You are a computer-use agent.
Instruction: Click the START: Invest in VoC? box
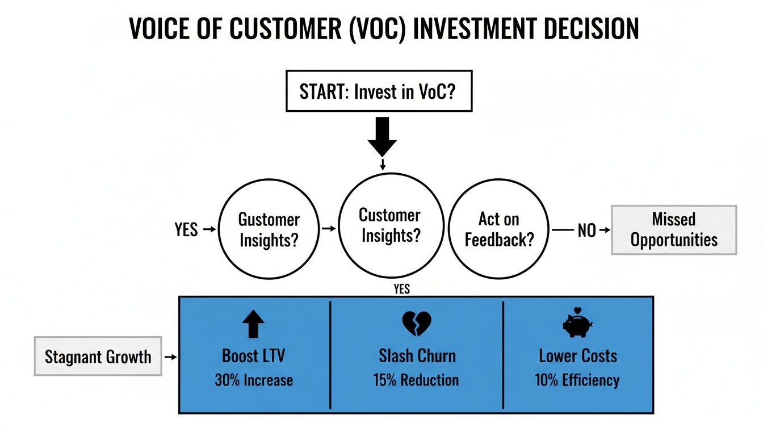click(378, 91)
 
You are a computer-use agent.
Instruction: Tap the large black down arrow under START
click(382, 136)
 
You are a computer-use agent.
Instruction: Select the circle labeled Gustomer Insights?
click(269, 229)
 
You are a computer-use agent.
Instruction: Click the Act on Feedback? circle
click(499, 229)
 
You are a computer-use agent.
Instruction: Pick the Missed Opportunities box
click(673, 229)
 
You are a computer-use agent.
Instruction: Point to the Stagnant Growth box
click(98, 357)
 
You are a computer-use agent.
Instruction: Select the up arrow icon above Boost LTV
click(253, 325)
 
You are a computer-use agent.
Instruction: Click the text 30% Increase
click(254, 380)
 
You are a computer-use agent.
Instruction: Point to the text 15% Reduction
click(416, 380)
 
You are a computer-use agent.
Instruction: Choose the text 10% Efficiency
click(577, 380)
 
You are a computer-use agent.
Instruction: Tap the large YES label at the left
click(186, 229)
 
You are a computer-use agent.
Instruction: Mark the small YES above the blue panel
click(401, 290)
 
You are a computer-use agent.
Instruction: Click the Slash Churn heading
click(417, 356)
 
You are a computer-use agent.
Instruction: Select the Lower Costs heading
click(577, 356)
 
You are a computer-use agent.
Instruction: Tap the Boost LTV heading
click(253, 356)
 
